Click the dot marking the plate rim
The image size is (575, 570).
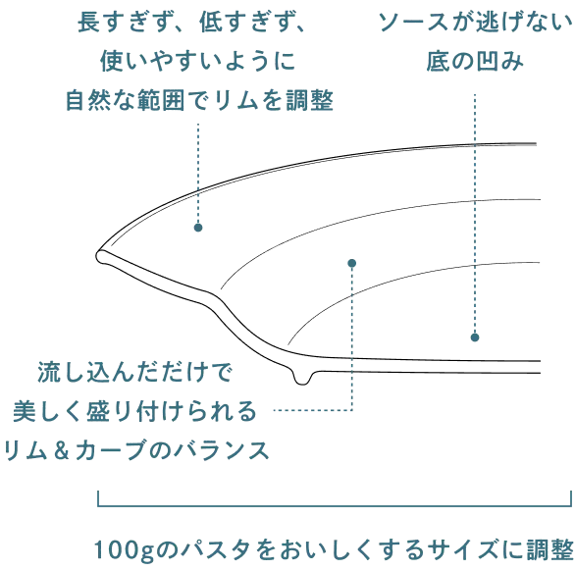198,228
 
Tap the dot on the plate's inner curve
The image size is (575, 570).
352,263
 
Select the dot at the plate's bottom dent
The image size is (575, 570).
475,337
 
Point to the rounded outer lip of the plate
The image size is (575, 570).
100,256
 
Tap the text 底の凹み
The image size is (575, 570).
475,61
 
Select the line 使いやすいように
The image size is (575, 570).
198,61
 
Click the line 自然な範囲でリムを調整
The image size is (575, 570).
199,100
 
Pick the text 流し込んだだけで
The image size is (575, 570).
134,372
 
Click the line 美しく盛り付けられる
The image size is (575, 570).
134,411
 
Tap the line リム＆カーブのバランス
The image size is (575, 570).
135,450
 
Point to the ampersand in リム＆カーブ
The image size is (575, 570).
61,450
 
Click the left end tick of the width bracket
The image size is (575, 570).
98,499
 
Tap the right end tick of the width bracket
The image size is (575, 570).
571,499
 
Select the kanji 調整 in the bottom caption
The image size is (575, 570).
549,549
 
